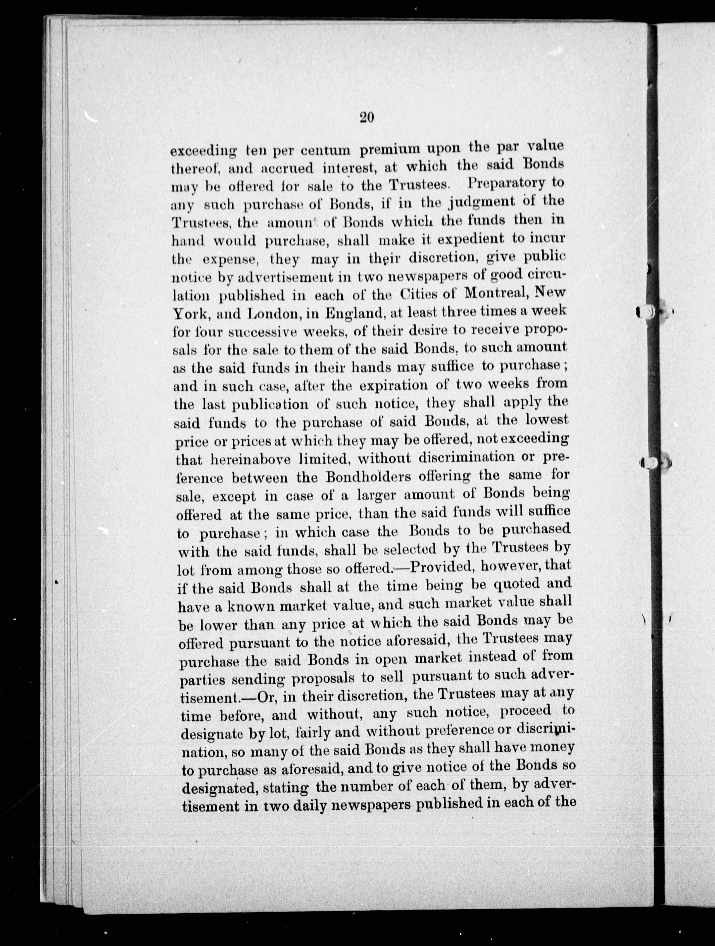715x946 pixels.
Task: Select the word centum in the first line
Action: [325, 150]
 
